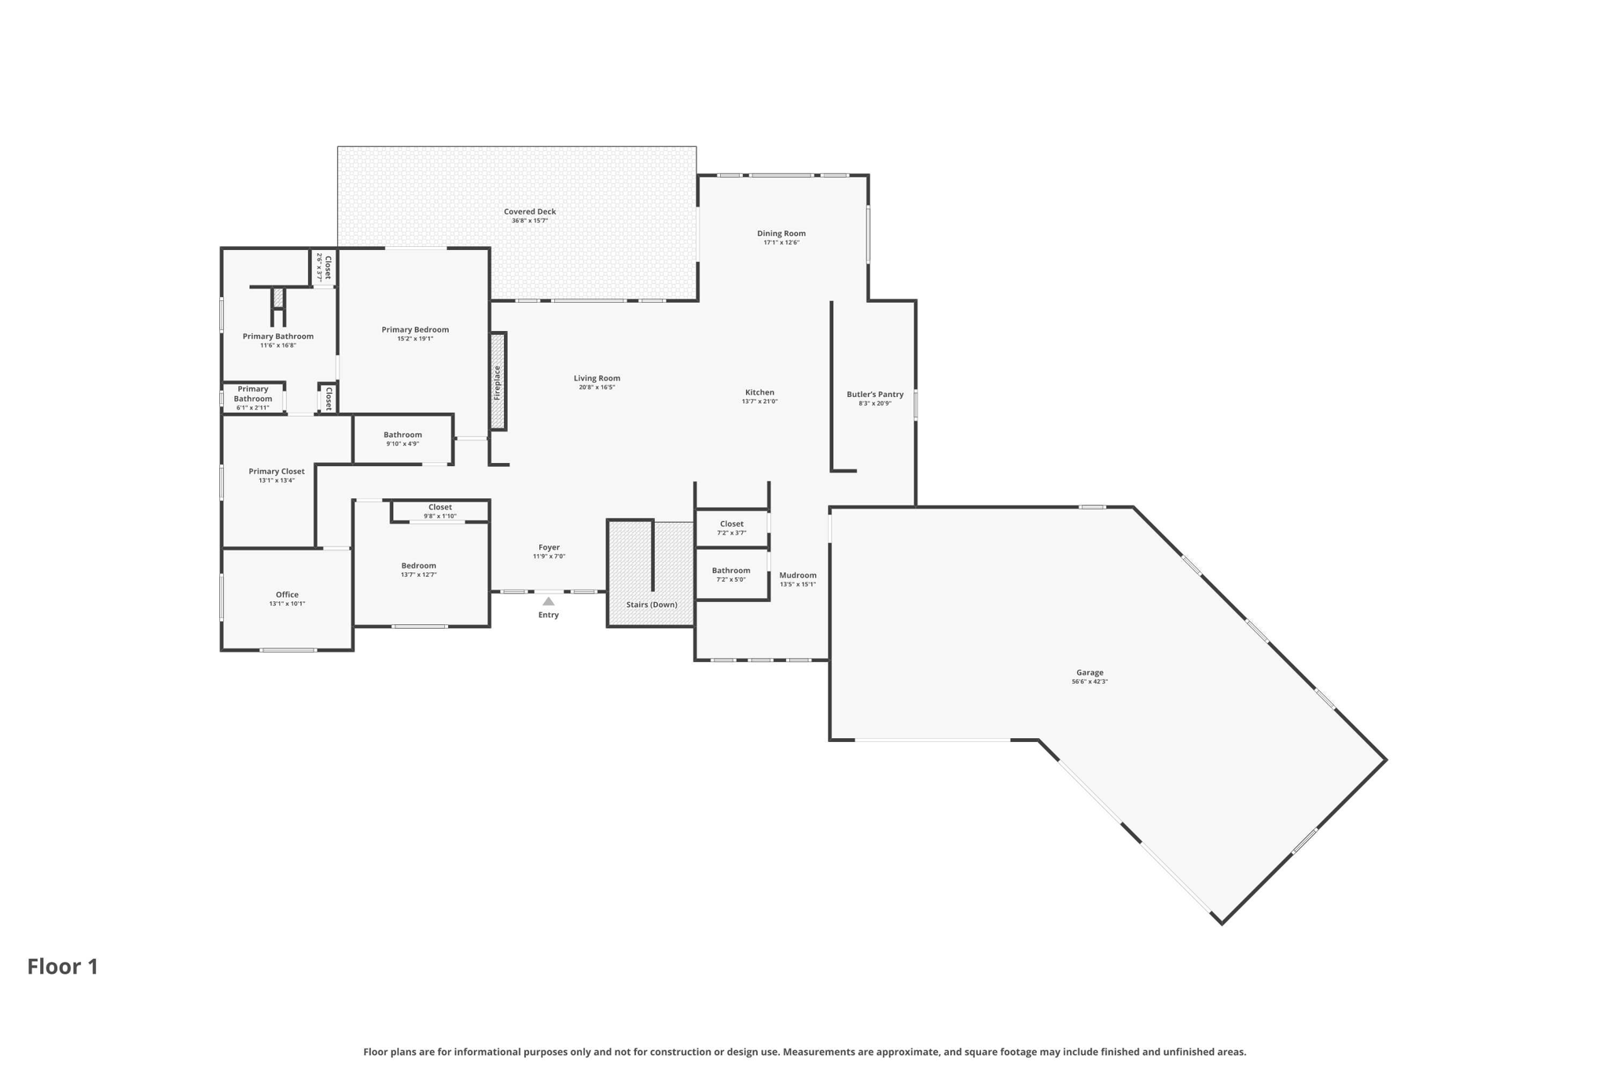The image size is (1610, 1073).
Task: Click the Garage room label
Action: click(x=1090, y=673)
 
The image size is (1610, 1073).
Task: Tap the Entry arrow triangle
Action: click(x=549, y=601)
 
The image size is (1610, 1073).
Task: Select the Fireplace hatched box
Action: click(x=498, y=382)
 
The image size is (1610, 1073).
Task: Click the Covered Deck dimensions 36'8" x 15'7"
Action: click(x=530, y=221)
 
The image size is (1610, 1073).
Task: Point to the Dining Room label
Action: click(x=781, y=233)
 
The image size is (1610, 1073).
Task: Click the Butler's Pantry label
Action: click(x=875, y=395)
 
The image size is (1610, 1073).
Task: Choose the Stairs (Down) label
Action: click(x=652, y=604)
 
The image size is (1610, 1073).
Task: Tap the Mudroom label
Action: click(x=798, y=575)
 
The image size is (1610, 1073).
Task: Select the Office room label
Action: click(x=287, y=595)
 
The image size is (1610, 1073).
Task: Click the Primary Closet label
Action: click(x=277, y=472)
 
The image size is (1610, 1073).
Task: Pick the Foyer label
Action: click(x=549, y=547)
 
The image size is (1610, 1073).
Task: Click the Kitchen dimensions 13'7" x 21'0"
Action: click(x=759, y=402)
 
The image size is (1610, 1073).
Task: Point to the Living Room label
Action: click(x=597, y=378)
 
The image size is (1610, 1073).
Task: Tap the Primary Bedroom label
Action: click(x=415, y=329)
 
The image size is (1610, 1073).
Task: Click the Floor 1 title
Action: click(x=63, y=967)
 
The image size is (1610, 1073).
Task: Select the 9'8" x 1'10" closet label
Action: click(x=440, y=516)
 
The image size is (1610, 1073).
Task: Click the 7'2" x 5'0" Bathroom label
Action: click(x=731, y=571)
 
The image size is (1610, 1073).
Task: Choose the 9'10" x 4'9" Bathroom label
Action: click(x=402, y=435)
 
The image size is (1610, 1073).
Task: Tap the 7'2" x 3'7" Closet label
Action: click(x=731, y=524)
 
